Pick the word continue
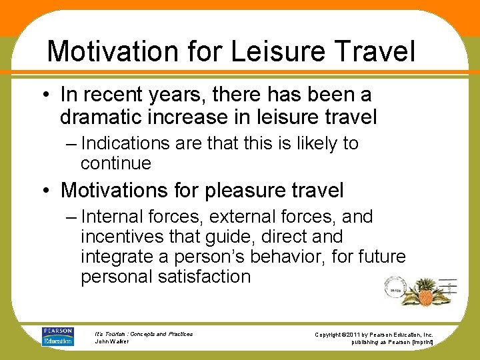point(116,163)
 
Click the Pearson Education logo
point(57,337)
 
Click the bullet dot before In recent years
point(51,97)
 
